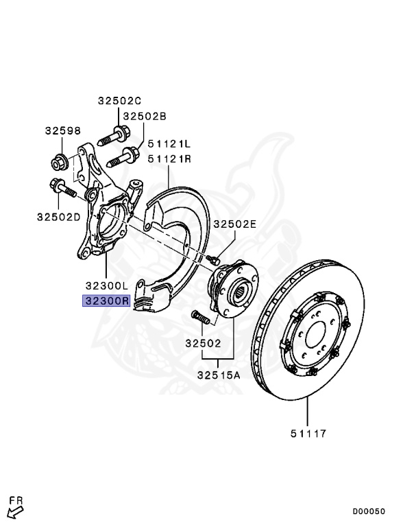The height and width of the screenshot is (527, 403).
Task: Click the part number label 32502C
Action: coord(119,100)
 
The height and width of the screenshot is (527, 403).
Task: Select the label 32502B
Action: coord(145,116)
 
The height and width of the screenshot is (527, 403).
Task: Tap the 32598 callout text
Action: coord(63,130)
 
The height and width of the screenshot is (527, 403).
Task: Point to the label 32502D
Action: coord(59,217)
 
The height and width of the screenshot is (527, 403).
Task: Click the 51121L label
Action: coord(169,144)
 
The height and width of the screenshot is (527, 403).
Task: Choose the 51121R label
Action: coord(169,159)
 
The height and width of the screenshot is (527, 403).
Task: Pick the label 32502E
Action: coord(235,224)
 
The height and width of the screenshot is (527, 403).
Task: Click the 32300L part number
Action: coord(107,286)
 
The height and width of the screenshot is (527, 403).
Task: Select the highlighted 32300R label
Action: coord(106,301)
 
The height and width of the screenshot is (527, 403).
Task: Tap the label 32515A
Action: coord(219,375)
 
